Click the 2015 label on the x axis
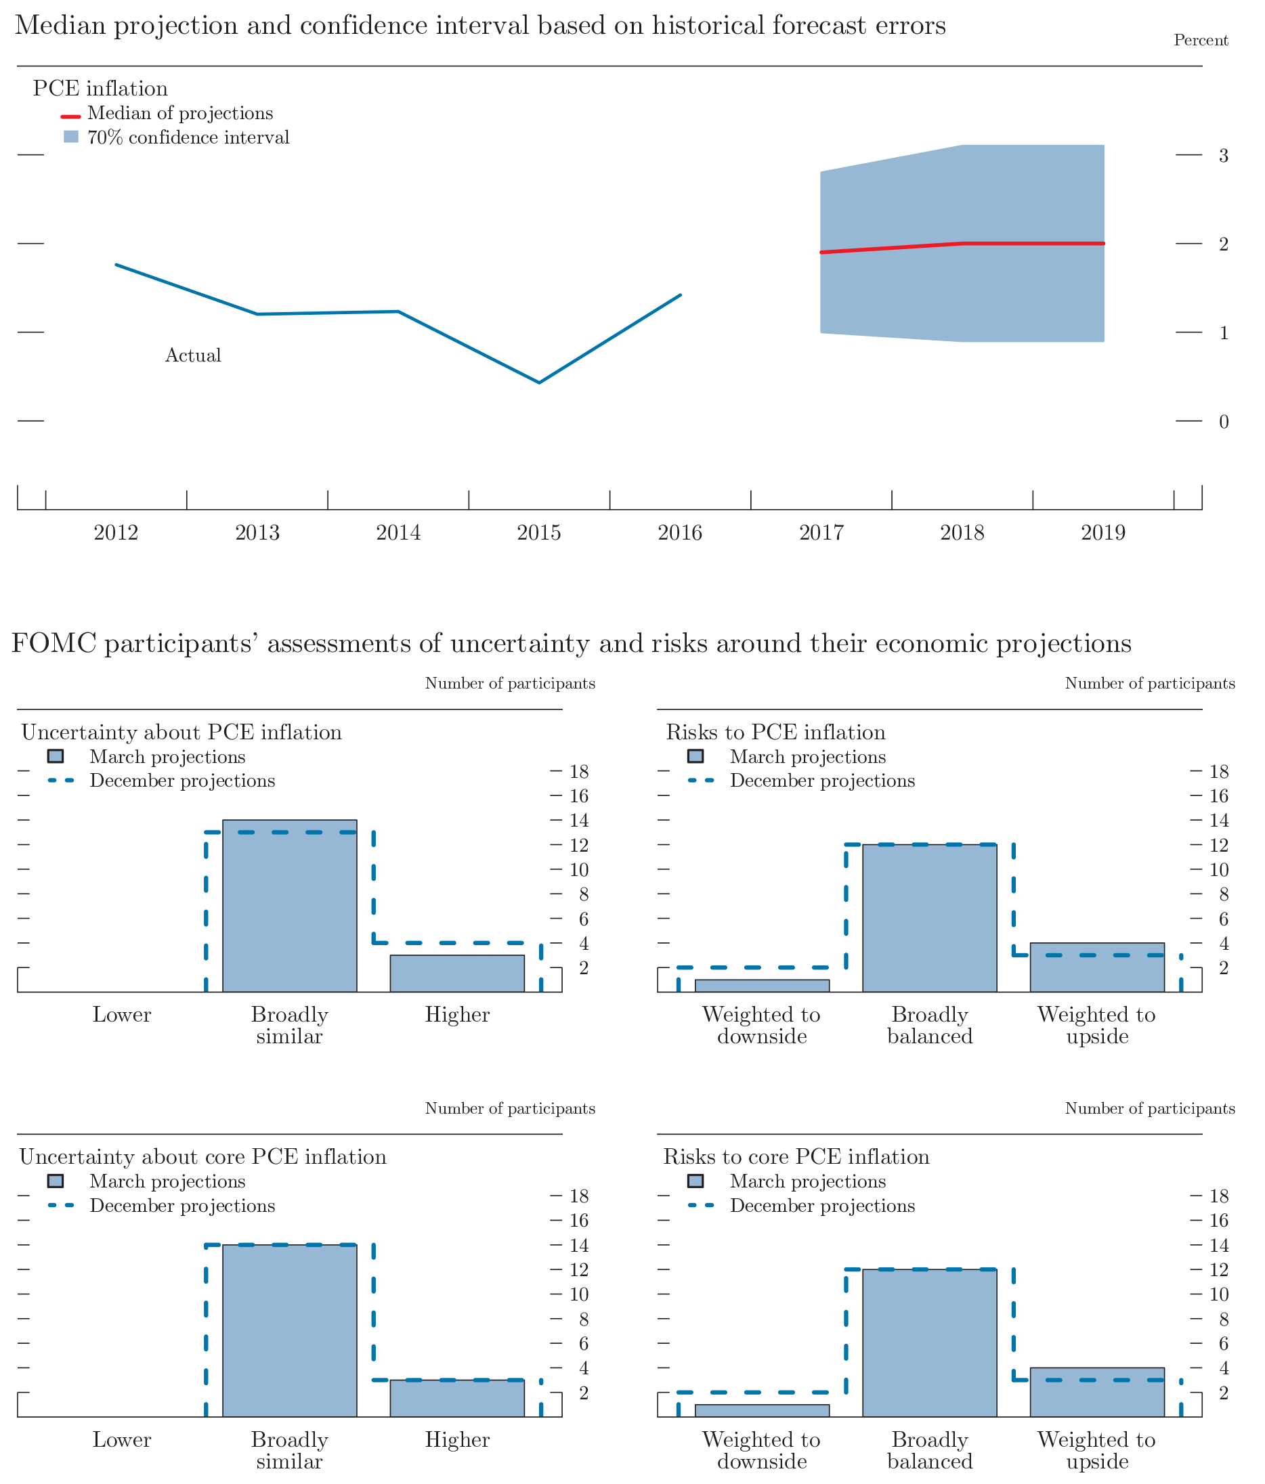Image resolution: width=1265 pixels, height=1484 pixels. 538,532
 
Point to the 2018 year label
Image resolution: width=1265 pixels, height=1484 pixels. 962,532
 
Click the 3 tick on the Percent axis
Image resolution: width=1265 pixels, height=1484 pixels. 1224,156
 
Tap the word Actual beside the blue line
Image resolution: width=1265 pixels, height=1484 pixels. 193,355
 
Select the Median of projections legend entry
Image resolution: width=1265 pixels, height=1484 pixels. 179,113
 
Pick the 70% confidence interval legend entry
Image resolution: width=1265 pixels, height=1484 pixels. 188,137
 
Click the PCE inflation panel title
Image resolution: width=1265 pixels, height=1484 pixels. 100,88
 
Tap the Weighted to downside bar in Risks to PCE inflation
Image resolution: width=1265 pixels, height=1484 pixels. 761,986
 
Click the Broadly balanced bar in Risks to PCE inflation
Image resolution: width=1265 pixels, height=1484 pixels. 929,918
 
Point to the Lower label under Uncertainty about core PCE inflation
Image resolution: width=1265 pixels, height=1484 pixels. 122,1439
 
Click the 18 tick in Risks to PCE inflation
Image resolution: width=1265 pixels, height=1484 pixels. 1218,771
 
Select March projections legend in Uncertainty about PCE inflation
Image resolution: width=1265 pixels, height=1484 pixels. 166,757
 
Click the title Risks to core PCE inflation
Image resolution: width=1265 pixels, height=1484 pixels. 796,1157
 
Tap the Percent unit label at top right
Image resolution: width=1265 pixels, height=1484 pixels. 1201,40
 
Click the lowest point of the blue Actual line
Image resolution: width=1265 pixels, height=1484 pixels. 538,383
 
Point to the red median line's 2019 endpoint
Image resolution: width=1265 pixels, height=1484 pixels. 1104,244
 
